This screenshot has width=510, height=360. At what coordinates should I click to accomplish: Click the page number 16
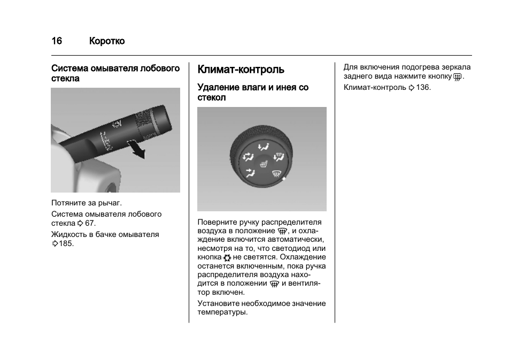(57, 41)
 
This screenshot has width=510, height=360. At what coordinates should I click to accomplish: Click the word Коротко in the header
(107, 41)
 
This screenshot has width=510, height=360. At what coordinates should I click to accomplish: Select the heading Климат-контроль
(241, 70)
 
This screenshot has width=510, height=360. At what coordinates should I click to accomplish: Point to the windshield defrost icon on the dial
(276, 173)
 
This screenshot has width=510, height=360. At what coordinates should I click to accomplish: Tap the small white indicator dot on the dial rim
(284, 179)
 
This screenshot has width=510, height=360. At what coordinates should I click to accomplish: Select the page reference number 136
(423, 87)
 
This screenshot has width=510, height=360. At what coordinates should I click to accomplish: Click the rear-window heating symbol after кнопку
(457, 78)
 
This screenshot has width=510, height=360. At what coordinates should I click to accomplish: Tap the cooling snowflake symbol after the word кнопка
(227, 258)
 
